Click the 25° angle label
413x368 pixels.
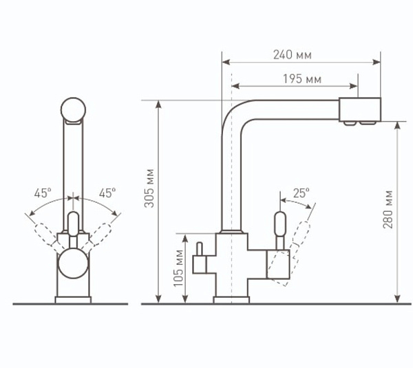pos(301,193)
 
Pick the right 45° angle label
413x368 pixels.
pos(107,193)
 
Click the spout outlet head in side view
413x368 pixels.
pos(360,110)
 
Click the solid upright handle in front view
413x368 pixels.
pos(74,227)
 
